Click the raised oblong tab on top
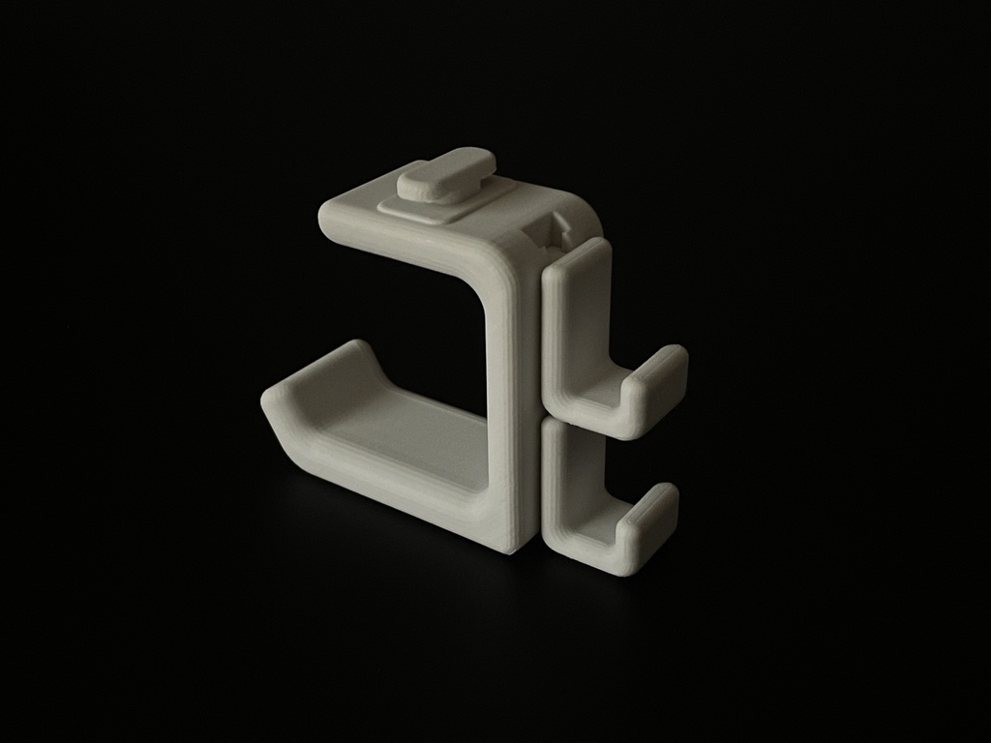(447, 174)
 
